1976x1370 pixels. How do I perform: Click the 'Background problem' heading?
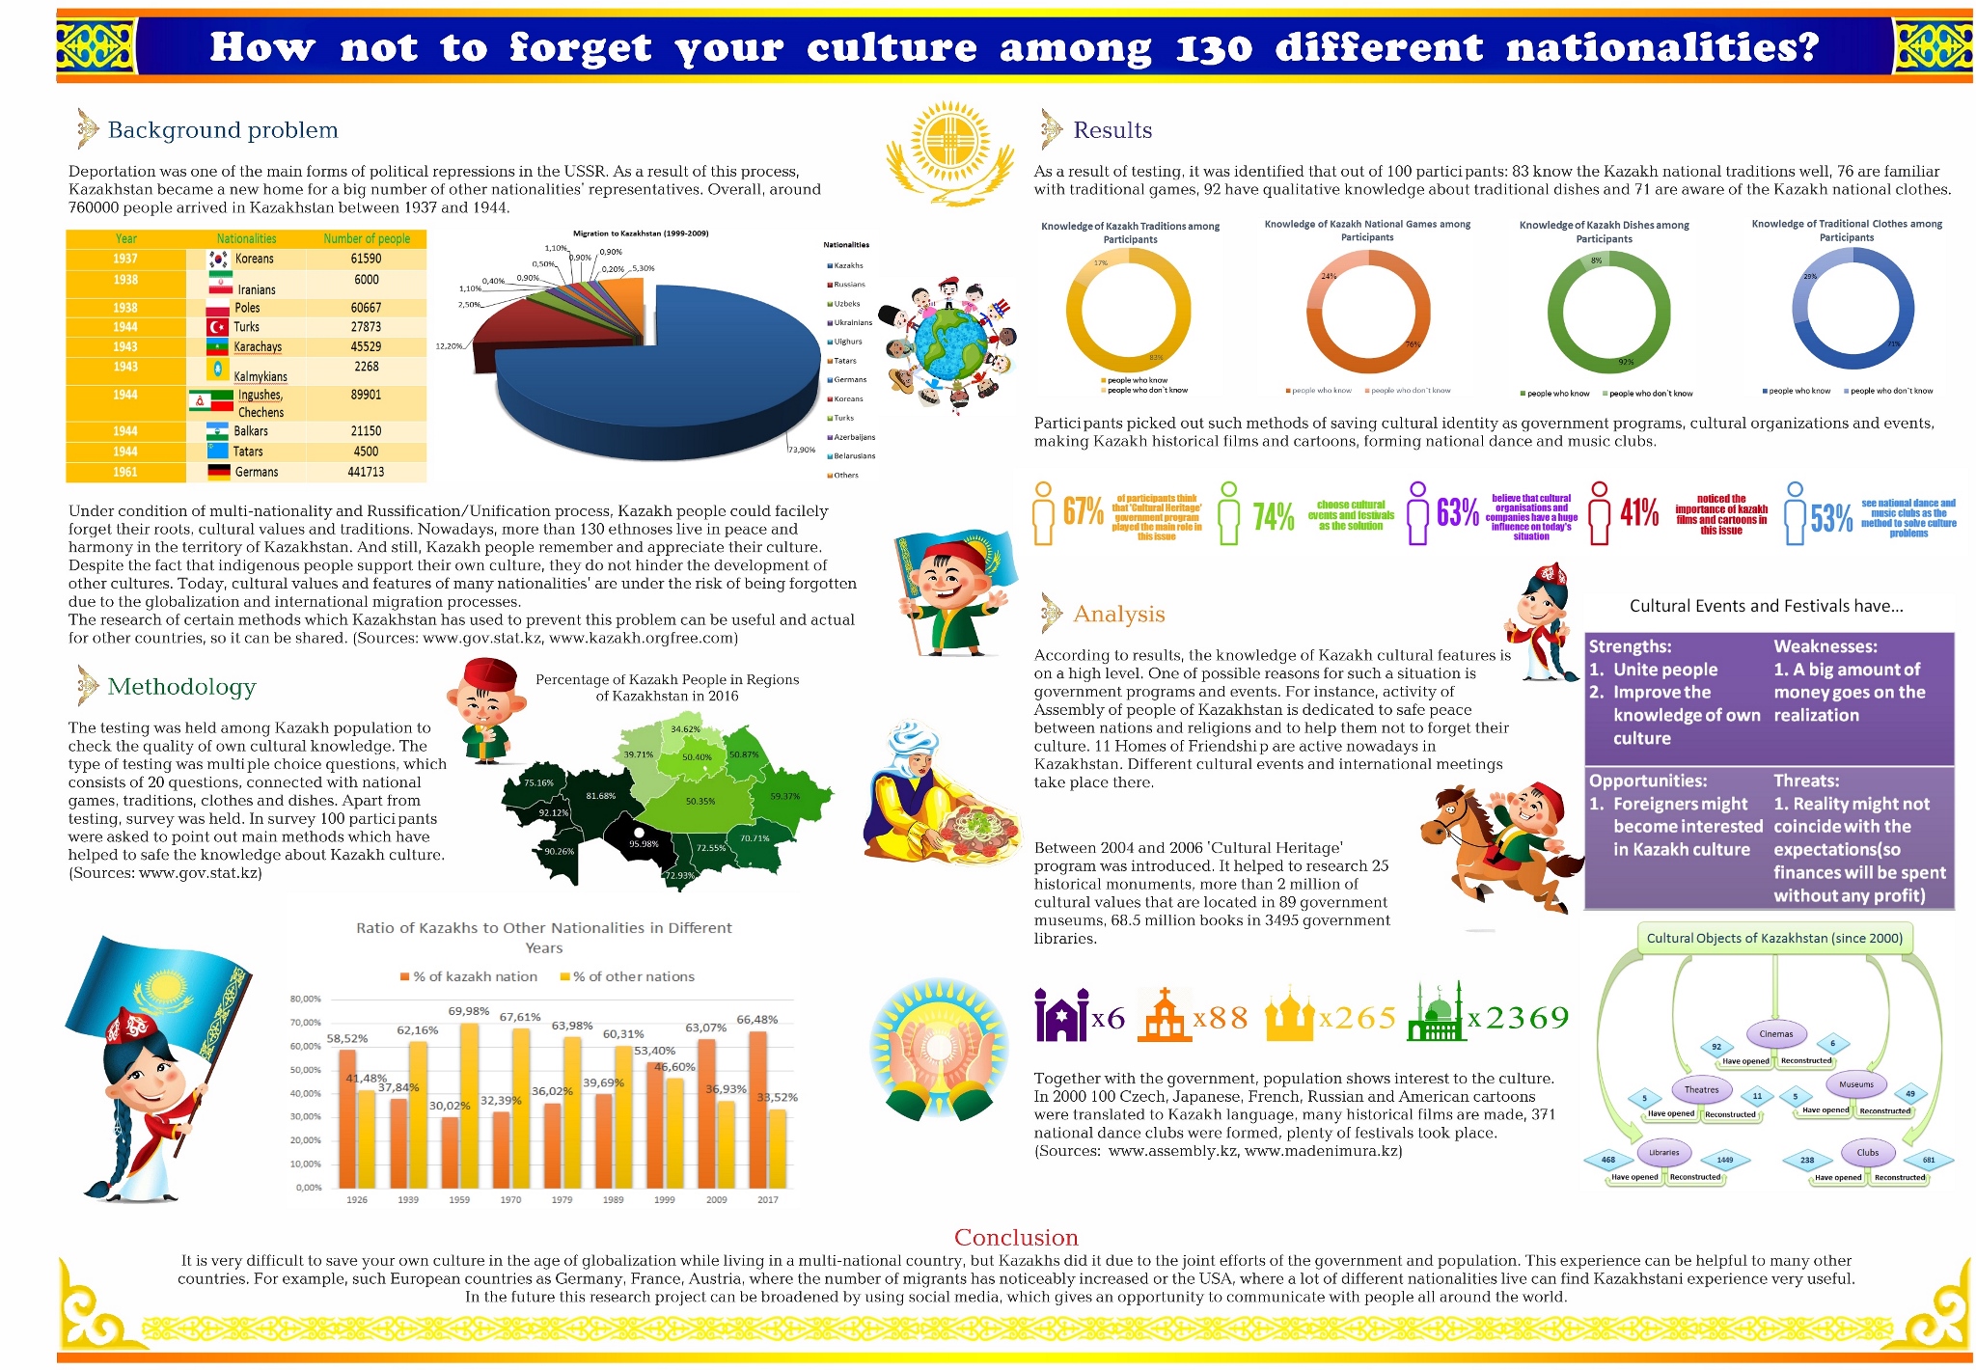click(x=222, y=130)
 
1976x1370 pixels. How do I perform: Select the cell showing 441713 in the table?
click(x=366, y=472)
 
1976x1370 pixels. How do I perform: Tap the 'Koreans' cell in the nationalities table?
click(x=254, y=259)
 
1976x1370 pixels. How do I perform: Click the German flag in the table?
click(x=219, y=472)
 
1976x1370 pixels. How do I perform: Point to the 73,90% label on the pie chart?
click(x=802, y=450)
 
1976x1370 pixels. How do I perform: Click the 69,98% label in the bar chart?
click(x=469, y=1011)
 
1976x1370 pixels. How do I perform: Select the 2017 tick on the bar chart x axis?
click(x=768, y=1200)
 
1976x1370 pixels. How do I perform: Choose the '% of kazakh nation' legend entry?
click(x=469, y=976)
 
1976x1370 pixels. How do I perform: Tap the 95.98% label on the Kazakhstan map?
click(x=643, y=844)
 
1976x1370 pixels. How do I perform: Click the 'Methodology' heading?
click(x=181, y=687)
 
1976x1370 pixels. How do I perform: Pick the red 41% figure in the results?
click(x=1639, y=512)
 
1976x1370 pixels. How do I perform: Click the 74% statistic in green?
click(x=1273, y=517)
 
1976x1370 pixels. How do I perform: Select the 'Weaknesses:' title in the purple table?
click(x=1825, y=646)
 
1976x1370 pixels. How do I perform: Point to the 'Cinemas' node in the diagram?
click(x=1775, y=1034)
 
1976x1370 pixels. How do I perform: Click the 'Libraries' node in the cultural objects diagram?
click(x=1664, y=1152)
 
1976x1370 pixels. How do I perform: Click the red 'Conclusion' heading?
click(x=1016, y=1238)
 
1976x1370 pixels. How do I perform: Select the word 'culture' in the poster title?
click(x=892, y=47)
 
